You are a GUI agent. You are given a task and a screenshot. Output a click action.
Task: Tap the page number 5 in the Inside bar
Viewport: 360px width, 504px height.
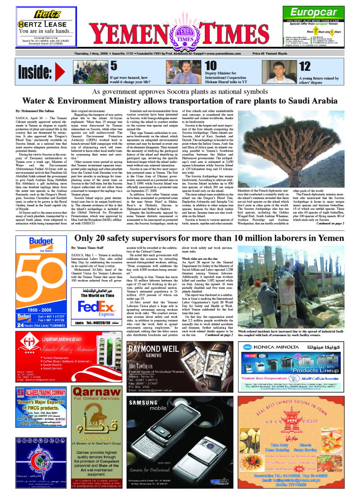113,66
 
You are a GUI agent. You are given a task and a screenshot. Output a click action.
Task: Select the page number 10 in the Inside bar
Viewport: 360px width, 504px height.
210,66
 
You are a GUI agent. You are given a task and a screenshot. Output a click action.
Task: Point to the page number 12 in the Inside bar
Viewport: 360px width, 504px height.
304,66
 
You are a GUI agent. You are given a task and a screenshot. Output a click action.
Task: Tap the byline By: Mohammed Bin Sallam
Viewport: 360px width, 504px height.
35,112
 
